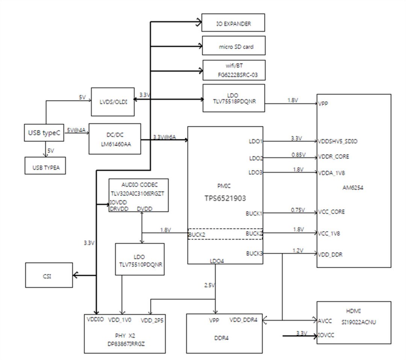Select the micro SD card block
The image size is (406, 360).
coord(233,46)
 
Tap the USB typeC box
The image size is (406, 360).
coord(44,133)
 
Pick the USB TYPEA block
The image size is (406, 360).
coord(45,166)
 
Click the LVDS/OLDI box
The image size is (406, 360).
coord(113,102)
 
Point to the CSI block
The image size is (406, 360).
coord(49,275)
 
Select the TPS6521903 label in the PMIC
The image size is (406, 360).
coord(225,198)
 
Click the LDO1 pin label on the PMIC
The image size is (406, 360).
coord(256,141)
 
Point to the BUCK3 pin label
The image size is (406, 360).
coord(254,254)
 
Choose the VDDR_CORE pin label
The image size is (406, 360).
coord(333,157)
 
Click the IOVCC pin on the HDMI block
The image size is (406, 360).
coord(326,336)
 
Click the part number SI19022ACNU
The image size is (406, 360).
coord(354,322)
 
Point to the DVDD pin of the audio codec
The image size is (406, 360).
coord(145,209)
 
